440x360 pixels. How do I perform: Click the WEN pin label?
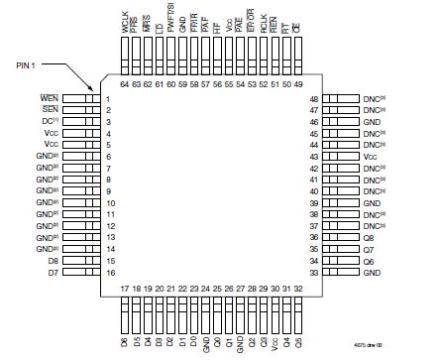point(50,99)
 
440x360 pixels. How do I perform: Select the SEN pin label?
point(50,110)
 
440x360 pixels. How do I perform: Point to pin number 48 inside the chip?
point(313,99)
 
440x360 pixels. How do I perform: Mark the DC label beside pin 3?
point(51,122)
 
